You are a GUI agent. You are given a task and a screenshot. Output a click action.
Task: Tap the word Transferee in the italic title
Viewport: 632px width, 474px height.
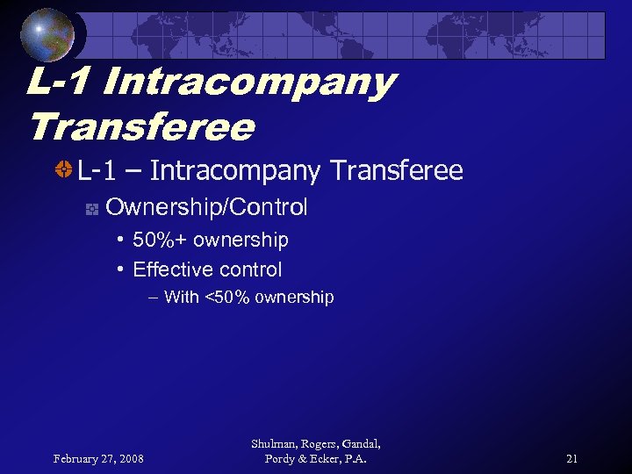[141, 128]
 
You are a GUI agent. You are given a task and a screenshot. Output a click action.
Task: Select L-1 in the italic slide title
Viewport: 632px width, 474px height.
[58, 83]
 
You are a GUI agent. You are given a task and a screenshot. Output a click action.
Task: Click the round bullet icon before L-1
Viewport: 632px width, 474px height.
[63, 169]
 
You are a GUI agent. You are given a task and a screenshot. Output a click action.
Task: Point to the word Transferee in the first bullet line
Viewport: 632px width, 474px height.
[396, 169]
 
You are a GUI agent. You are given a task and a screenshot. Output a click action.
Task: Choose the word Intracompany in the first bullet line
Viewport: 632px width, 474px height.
[234, 169]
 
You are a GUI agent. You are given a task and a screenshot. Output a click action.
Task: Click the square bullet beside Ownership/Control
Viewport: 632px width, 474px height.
[90, 209]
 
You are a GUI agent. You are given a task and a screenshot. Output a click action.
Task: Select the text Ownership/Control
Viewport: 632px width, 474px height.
[206, 208]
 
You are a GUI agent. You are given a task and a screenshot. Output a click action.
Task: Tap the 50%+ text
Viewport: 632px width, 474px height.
[160, 240]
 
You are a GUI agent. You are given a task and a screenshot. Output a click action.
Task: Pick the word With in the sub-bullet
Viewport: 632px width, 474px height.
[182, 297]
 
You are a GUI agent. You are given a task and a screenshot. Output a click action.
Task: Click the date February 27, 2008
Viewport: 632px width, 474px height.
[99, 458]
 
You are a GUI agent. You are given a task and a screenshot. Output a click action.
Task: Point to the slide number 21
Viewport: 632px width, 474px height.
[572, 458]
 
